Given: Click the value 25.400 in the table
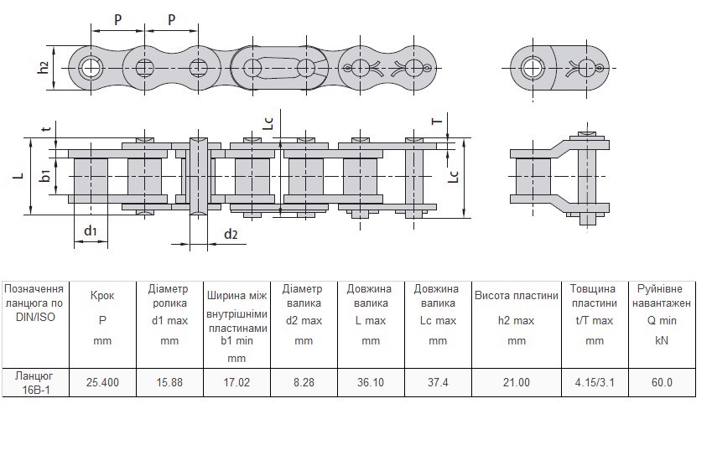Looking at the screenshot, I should pyautogui.click(x=102, y=382).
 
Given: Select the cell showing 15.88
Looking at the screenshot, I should pyautogui.click(x=169, y=382).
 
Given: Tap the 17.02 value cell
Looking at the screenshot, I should pyautogui.click(x=236, y=382).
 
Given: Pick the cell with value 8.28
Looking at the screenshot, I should pyautogui.click(x=304, y=382).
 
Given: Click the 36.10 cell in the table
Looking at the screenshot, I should pyautogui.click(x=371, y=382).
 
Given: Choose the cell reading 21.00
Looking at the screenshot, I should pyautogui.click(x=516, y=382).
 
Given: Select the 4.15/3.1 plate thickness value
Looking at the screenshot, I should pyautogui.click(x=594, y=382).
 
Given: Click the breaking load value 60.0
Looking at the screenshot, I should pyautogui.click(x=662, y=382).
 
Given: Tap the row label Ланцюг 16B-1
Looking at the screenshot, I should pyautogui.click(x=34, y=382).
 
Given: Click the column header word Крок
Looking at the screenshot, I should pyautogui.click(x=102, y=295).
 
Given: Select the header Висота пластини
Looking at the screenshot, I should pyautogui.click(x=516, y=295).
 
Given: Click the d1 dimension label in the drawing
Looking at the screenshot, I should pyautogui.click(x=91, y=230).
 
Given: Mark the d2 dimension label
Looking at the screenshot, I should pyautogui.click(x=231, y=235).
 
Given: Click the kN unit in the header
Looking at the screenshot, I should pyautogui.click(x=662, y=340).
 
